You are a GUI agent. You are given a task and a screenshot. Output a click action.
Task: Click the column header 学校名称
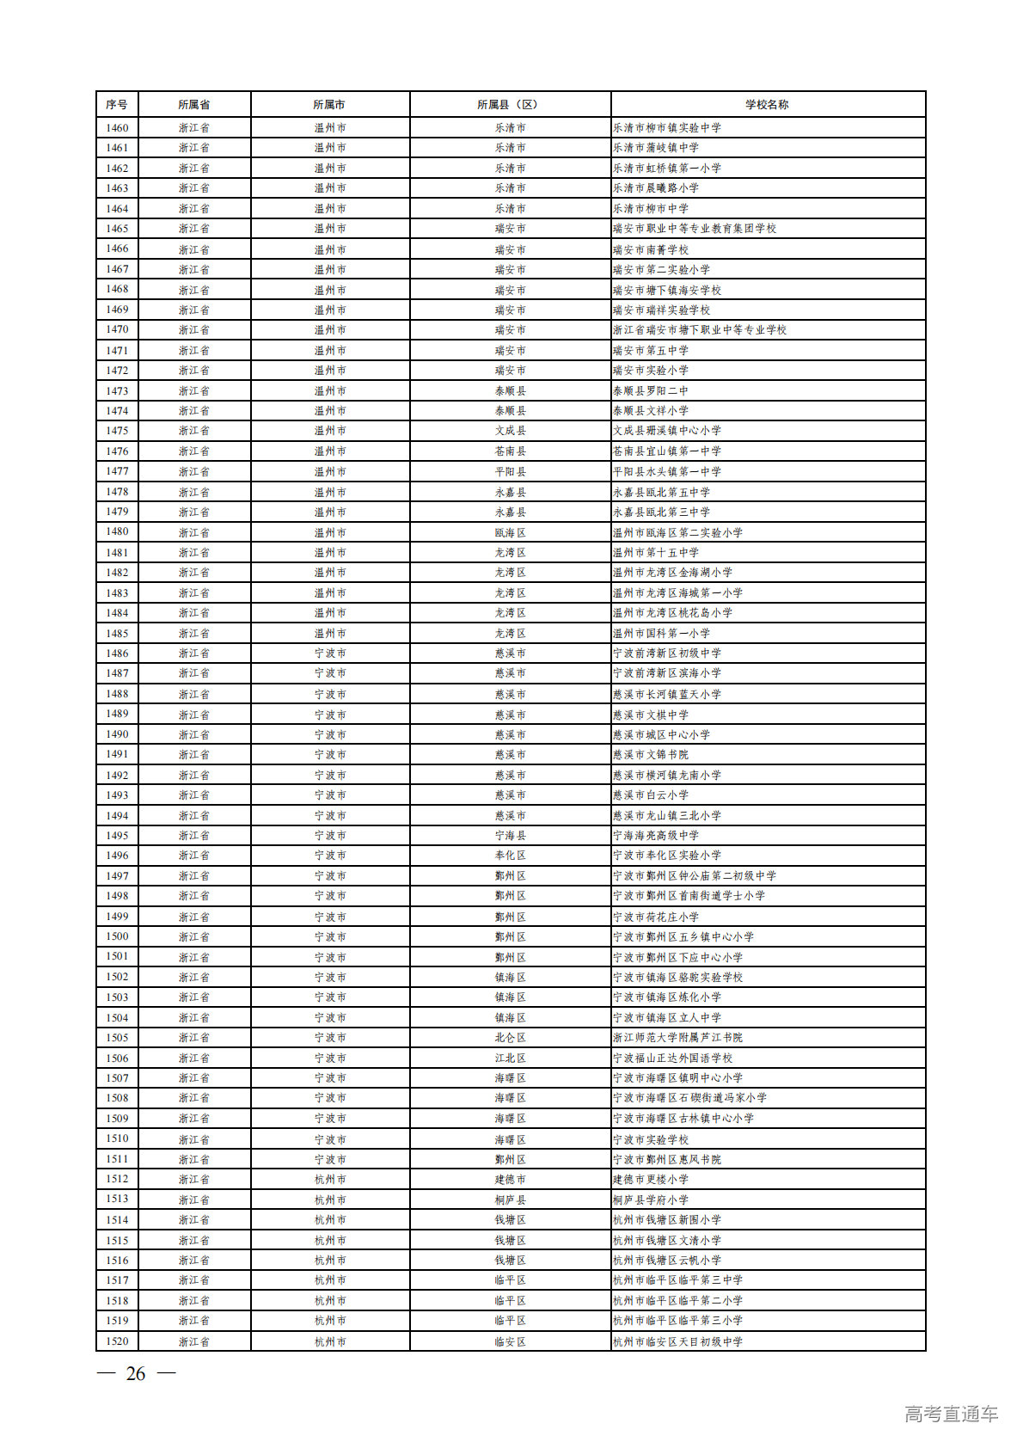[767, 105]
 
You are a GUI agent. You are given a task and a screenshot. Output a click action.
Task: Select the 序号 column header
[117, 105]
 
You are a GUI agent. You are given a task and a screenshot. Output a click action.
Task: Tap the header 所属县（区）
[510, 105]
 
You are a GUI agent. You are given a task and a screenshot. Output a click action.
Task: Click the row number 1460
[117, 128]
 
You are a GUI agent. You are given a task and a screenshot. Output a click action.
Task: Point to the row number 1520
[117, 1341]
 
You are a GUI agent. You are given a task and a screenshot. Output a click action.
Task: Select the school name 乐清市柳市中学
[651, 209]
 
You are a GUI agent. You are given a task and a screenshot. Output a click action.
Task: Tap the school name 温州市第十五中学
[656, 553]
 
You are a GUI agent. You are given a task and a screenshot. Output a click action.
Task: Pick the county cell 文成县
[510, 431]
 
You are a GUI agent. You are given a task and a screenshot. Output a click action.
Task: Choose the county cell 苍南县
[510, 451]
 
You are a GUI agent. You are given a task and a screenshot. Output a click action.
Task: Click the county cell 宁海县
[510, 836]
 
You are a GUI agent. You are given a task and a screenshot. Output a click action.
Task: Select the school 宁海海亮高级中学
[656, 836]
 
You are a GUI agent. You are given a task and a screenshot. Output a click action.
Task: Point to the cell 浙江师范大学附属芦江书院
[677, 1038]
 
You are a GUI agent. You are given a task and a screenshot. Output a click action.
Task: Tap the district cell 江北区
[510, 1058]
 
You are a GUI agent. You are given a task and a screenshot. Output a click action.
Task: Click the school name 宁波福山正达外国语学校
[672, 1058]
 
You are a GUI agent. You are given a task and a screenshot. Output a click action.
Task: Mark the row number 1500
[117, 936]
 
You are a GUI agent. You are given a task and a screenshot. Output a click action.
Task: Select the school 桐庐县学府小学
[651, 1200]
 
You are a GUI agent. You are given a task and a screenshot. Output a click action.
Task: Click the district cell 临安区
[510, 1341]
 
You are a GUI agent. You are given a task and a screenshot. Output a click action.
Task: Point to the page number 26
[136, 1374]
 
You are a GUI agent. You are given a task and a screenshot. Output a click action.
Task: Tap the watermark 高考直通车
[951, 1414]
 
